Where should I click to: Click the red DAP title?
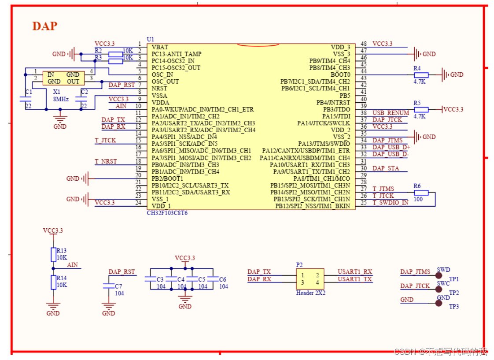tap(44, 26)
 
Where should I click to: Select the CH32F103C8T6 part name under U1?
tap(167, 213)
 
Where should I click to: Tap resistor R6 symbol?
tap(421, 193)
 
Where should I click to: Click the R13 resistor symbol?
tap(53, 254)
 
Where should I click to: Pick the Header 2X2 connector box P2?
tap(310, 279)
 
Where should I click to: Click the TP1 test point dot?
tap(439, 275)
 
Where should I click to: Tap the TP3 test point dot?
tap(439, 303)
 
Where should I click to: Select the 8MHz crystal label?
tap(61, 99)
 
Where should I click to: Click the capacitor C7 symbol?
tap(108, 286)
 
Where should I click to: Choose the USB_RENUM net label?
tap(391, 113)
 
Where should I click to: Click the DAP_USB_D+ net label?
tap(391, 147)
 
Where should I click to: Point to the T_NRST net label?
tap(106, 161)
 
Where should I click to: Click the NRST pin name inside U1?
tap(159, 89)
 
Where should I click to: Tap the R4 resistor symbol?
tap(421, 75)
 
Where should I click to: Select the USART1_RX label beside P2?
tap(354, 272)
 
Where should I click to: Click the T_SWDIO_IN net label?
tap(390, 203)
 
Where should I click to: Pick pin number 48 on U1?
tap(363, 44)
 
